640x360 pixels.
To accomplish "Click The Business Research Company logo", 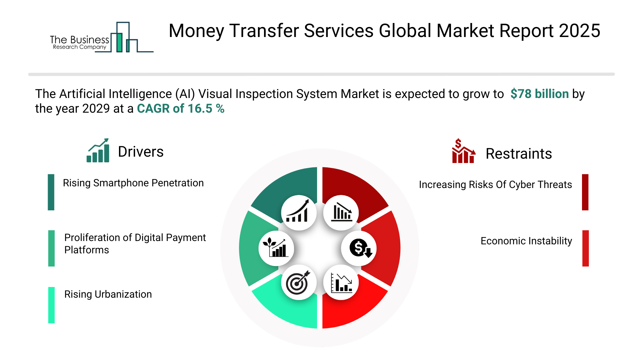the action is tap(102, 37).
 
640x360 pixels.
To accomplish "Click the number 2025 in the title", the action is tap(580, 31).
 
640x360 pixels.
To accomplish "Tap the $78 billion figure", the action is tap(539, 94).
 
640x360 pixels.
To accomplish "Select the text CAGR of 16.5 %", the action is tap(181, 109).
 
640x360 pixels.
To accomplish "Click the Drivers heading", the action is tap(141, 152).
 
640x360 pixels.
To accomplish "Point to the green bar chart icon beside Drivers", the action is tap(98, 150).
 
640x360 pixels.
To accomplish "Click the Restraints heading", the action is tap(519, 154).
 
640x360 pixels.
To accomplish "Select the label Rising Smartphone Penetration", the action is tap(133, 183).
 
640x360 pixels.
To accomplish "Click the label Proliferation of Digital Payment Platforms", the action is tap(135, 244).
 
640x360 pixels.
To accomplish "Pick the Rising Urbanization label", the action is tap(108, 294).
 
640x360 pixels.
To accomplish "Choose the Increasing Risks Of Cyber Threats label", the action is tap(495, 185).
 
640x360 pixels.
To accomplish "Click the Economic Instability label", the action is tap(526, 241).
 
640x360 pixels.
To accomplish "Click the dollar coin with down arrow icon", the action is tap(360, 248).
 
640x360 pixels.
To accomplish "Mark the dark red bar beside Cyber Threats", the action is tap(585, 192).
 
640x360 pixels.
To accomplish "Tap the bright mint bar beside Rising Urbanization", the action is tap(51, 305).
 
